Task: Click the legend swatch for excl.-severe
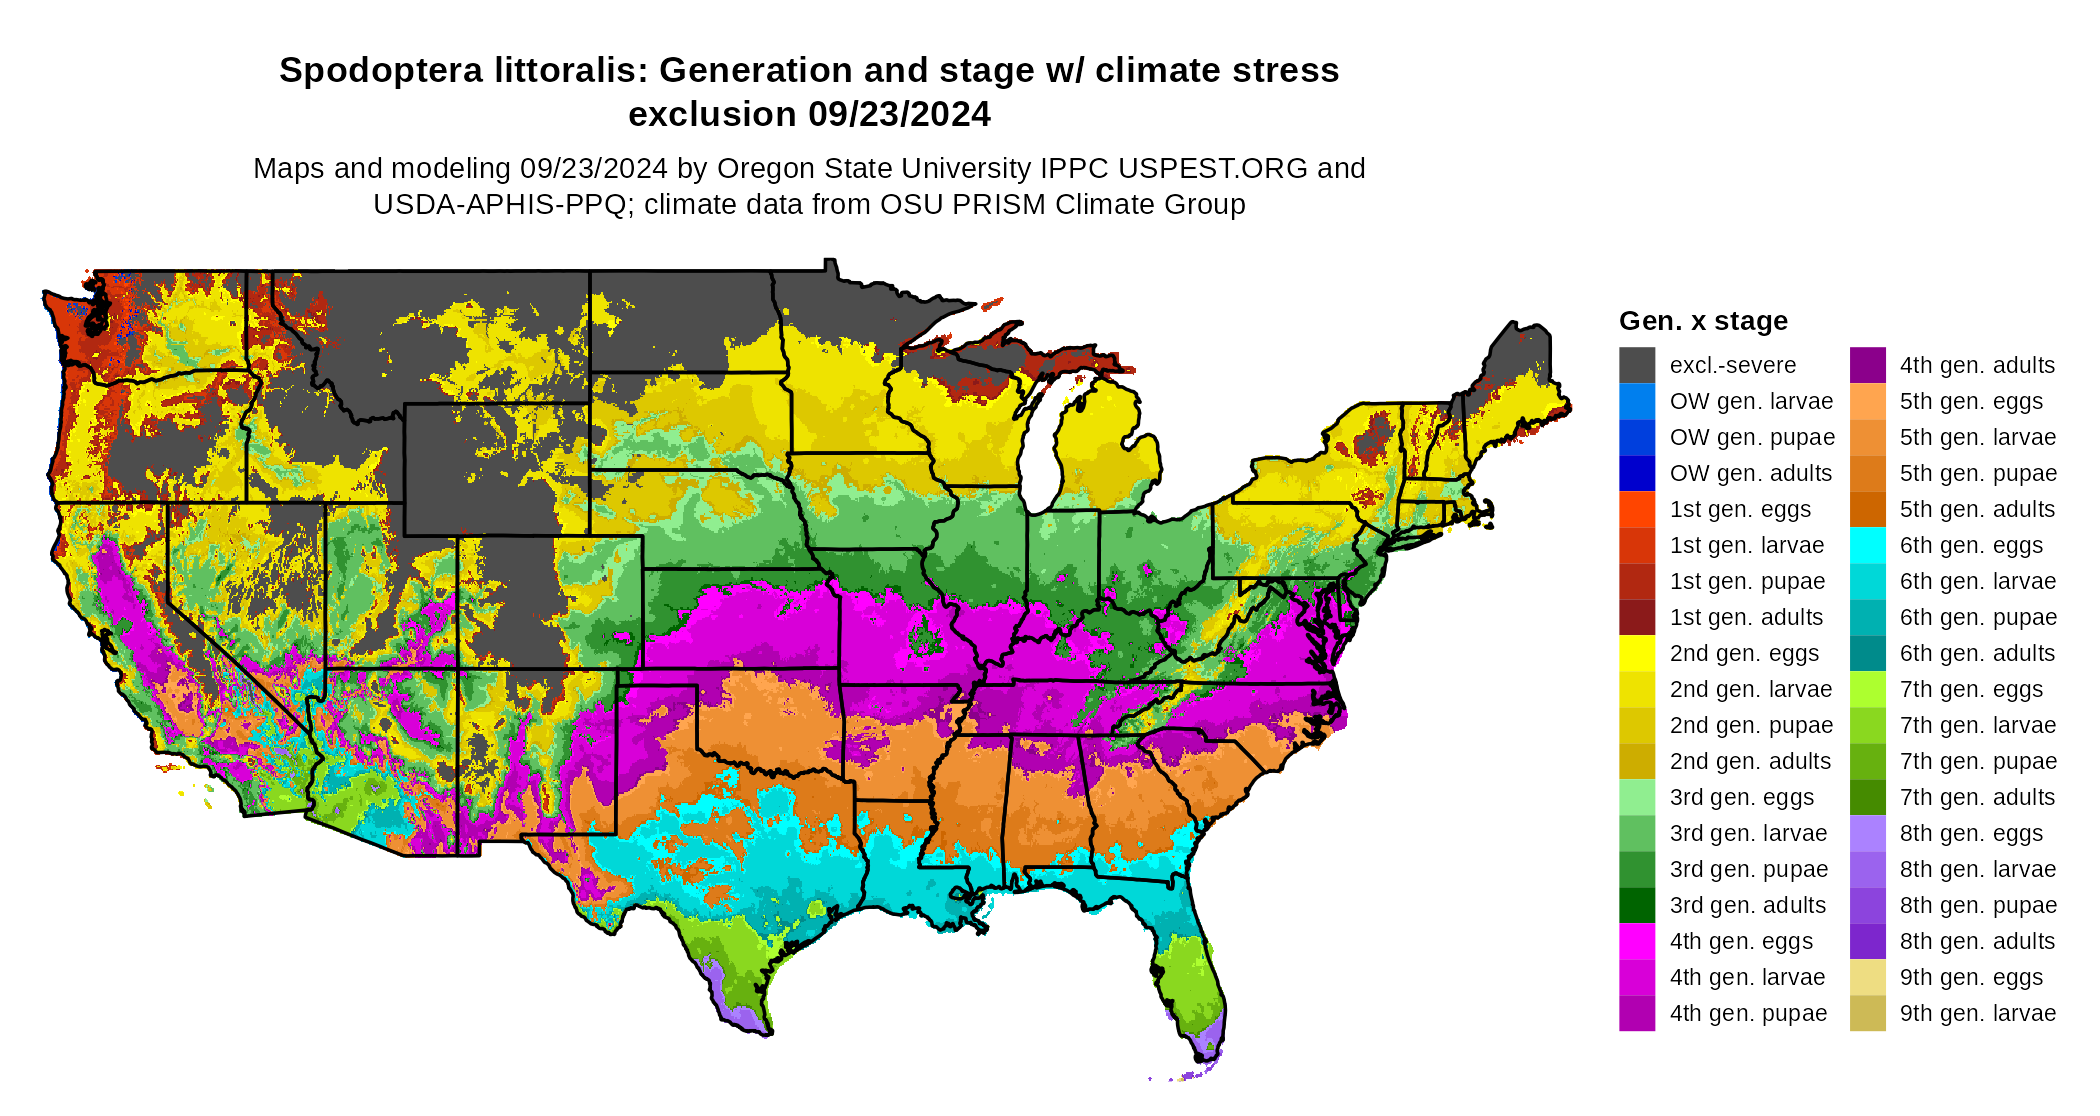click(1637, 365)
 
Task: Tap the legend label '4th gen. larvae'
click(1747, 977)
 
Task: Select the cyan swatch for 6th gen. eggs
click(1867, 545)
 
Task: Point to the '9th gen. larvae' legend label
click(1977, 1013)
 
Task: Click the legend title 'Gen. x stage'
click(1703, 321)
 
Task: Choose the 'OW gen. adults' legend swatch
click(1637, 473)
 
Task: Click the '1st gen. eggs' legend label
click(1740, 509)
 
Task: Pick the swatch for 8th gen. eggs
click(1867, 833)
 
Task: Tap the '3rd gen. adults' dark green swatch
click(1637, 905)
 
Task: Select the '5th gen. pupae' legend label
click(1978, 473)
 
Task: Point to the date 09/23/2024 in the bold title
click(899, 115)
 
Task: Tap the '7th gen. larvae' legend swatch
click(1867, 725)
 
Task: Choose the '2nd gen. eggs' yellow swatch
click(1637, 653)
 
